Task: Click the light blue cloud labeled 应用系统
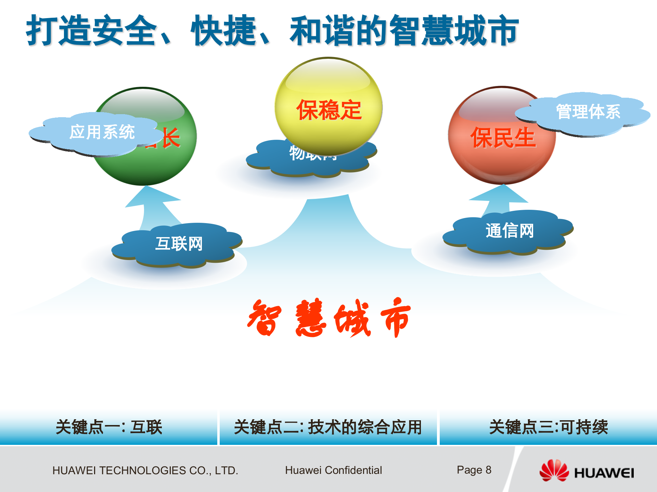(99, 133)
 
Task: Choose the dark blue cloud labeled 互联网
(178, 244)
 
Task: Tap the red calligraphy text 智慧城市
(328, 318)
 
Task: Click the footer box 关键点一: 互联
(108, 427)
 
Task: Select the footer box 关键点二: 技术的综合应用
(328, 427)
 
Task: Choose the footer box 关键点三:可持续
(548, 427)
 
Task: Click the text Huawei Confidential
(333, 470)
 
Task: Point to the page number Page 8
(474, 470)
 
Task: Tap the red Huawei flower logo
(554, 471)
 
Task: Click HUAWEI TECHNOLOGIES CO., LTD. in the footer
(145, 470)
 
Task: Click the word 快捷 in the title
(224, 31)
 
